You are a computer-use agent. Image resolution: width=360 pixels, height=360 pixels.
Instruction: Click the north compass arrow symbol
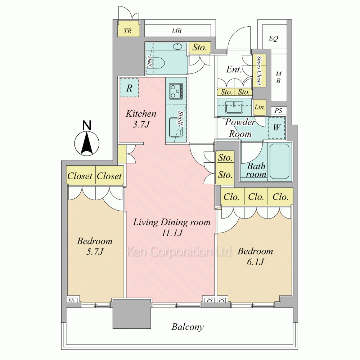[87, 141]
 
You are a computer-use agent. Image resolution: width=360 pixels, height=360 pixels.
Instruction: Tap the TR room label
[128, 31]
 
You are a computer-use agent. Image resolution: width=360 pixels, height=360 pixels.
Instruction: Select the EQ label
[274, 39]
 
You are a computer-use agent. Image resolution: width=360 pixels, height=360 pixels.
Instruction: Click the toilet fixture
[158, 62]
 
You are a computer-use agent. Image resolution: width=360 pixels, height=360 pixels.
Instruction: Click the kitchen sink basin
[176, 127]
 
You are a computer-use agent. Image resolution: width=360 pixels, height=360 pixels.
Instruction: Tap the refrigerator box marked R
[129, 88]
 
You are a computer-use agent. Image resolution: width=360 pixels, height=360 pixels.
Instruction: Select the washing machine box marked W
[276, 128]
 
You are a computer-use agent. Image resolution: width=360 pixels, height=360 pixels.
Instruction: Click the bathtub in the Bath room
[279, 161]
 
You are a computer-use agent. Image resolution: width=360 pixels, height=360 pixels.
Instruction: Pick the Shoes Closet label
[259, 70]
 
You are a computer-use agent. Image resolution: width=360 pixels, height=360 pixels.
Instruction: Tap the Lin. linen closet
[260, 107]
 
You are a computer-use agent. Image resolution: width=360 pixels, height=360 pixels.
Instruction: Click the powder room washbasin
[234, 107]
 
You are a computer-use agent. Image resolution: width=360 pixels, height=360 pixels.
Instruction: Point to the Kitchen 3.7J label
[141, 119]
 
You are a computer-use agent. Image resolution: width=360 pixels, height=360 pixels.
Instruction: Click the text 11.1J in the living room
[172, 233]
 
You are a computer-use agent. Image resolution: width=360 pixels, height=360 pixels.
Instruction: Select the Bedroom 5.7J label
[95, 246]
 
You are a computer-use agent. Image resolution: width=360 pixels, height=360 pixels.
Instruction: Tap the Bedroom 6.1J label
[255, 256]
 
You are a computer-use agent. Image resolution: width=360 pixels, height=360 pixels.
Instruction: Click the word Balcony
[188, 327]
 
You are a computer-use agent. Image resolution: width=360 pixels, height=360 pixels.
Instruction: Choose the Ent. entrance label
[234, 69]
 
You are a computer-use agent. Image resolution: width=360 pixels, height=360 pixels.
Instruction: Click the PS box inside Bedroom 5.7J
[71, 300]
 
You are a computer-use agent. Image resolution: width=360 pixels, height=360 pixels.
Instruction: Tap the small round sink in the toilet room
[177, 46]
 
